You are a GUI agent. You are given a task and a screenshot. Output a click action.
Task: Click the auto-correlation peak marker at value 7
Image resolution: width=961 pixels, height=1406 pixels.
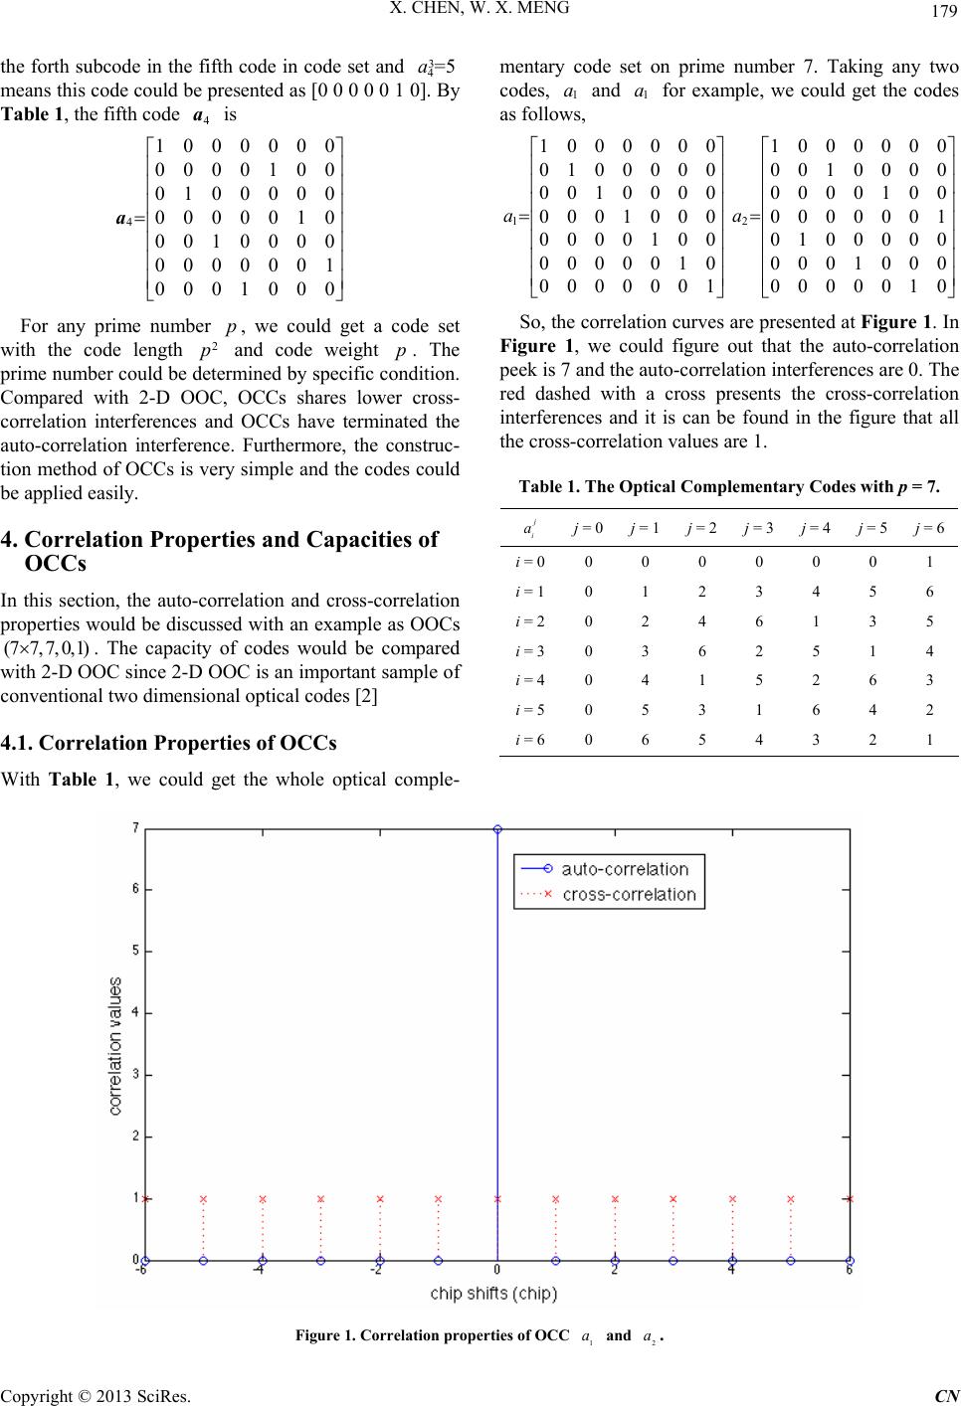497,828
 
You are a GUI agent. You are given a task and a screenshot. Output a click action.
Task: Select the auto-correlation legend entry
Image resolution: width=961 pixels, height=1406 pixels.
625,869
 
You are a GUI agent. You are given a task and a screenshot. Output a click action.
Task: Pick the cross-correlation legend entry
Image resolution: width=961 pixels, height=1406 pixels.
629,894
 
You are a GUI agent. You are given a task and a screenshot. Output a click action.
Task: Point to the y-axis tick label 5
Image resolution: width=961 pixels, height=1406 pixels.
136,952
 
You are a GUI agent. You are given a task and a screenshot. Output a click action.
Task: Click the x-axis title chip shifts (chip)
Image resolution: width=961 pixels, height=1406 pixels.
493,1294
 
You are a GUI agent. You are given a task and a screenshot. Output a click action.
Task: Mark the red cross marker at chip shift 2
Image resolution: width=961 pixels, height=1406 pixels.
615,1199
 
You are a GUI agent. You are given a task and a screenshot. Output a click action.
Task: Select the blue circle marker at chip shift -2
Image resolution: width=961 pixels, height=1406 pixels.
380,1261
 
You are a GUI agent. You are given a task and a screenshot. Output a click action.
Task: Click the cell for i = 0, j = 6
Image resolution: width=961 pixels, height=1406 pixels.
929,561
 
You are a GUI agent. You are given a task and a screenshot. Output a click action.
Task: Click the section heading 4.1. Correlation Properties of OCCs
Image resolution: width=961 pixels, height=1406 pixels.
169,743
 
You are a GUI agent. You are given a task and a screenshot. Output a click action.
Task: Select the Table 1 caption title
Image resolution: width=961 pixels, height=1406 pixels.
729,486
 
